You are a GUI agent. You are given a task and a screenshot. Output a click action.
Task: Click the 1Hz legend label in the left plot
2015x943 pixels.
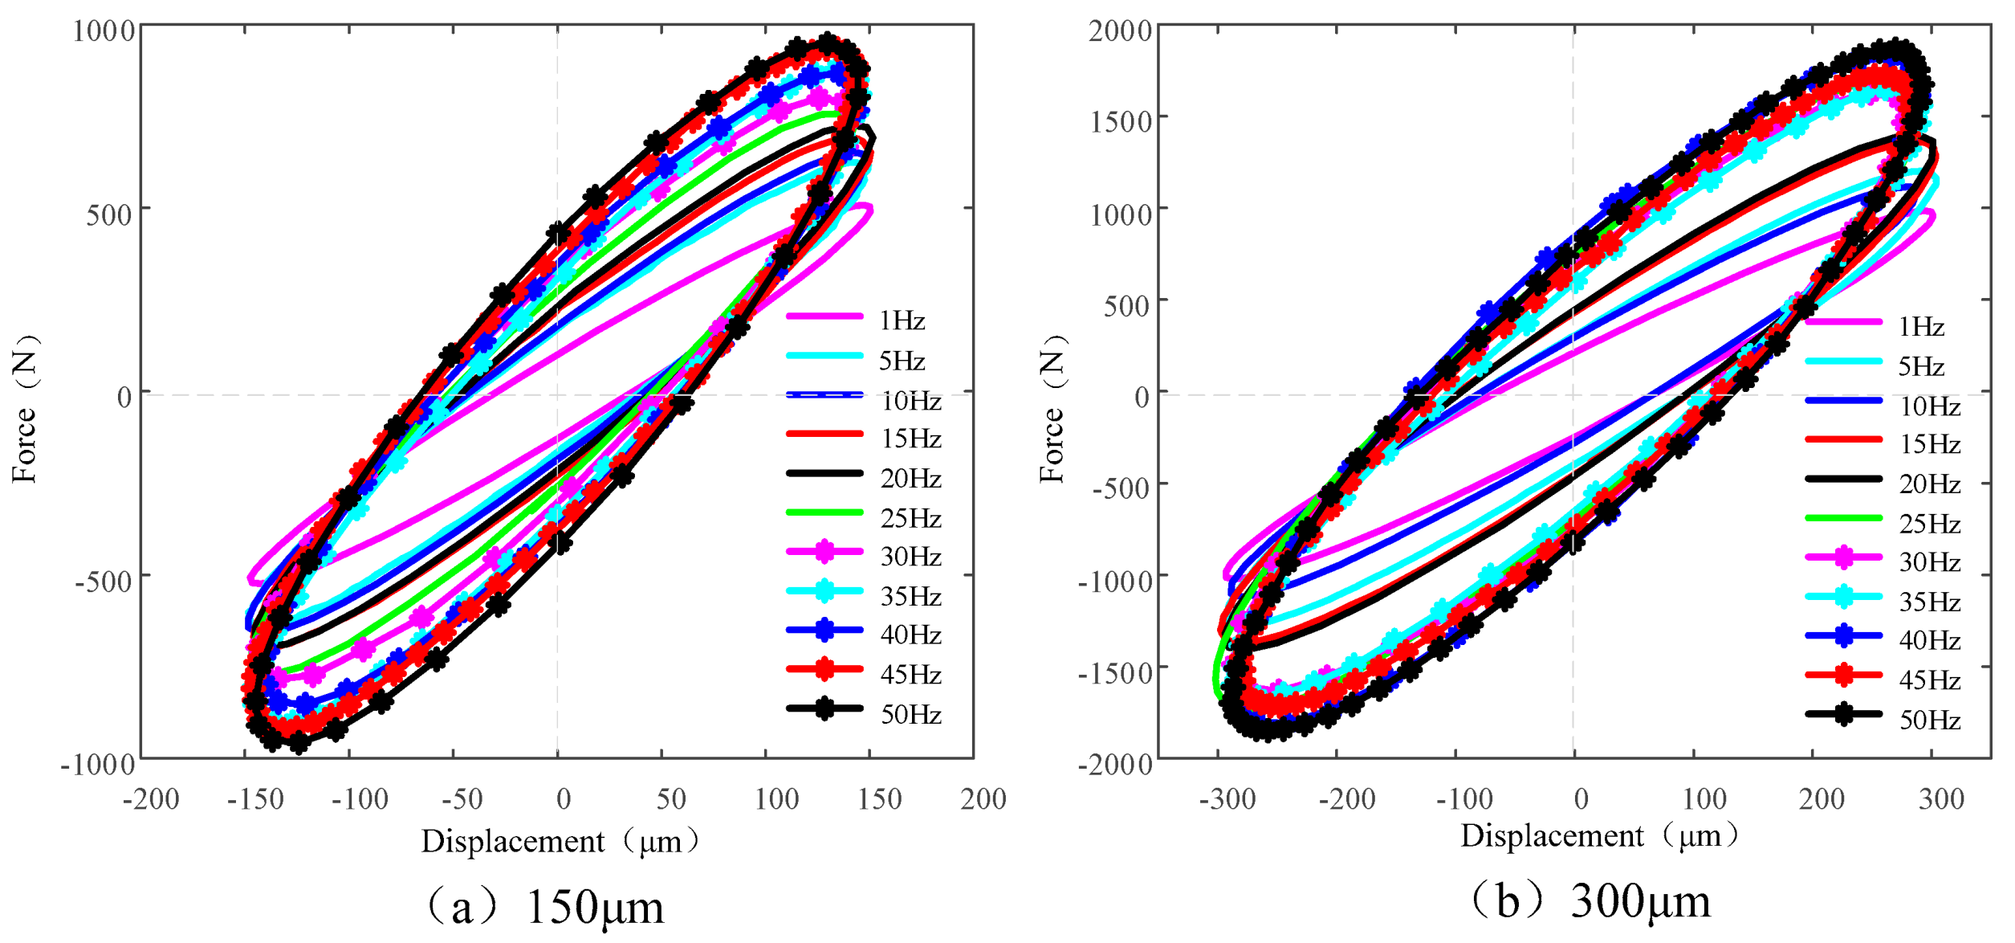(x=902, y=321)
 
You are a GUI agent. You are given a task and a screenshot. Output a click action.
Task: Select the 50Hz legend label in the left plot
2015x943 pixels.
(x=910, y=715)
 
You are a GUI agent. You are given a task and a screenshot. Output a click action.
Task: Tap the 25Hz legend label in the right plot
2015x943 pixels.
(x=1930, y=525)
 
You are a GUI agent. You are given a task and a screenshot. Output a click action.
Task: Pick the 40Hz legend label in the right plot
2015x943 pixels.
(x=1930, y=640)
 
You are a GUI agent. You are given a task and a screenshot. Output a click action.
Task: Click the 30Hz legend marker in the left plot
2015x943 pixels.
(x=824, y=552)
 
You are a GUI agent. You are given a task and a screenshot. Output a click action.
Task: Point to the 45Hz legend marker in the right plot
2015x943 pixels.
(x=1844, y=675)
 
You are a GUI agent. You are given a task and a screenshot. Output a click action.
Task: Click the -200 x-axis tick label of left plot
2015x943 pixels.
(x=151, y=799)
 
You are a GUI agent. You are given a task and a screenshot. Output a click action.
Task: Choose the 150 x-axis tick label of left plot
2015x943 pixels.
(x=880, y=799)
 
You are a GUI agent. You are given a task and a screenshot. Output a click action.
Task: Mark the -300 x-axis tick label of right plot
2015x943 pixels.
(x=1227, y=799)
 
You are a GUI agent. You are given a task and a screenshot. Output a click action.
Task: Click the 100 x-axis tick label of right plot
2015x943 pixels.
(x=1704, y=799)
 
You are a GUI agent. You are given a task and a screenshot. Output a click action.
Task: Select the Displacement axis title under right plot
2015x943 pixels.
(x=1598, y=836)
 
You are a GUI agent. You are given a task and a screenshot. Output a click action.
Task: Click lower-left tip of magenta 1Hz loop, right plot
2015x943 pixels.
(x=1226, y=575)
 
